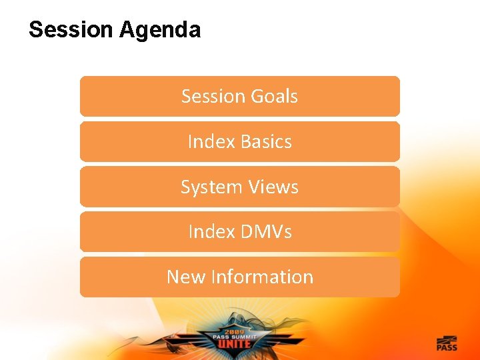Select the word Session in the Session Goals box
click(213, 96)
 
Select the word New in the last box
click(185, 277)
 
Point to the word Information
click(261, 277)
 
